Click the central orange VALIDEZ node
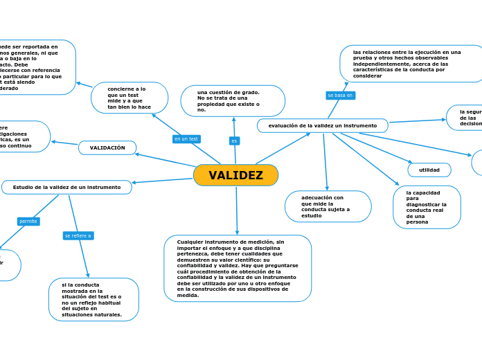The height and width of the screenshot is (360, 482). (235, 175)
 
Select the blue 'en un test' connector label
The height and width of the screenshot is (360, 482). (186, 139)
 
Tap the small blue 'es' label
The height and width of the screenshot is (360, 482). (234, 141)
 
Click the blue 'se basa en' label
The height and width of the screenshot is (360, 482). (340, 95)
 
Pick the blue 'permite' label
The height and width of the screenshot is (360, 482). (28, 222)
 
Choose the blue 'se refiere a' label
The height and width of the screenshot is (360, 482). (78, 235)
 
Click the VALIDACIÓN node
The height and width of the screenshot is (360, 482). (107, 147)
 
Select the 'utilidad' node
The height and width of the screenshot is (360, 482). (429, 170)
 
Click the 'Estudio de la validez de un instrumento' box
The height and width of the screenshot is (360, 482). (66, 187)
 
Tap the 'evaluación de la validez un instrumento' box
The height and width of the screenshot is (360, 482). (323, 125)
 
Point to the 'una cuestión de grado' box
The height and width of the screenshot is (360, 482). (233, 101)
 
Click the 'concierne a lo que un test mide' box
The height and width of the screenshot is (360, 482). (130, 98)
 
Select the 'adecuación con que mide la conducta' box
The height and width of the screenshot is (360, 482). (328, 206)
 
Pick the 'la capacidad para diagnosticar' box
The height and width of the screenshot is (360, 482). (427, 207)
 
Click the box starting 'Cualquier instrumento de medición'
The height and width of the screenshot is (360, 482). (238, 268)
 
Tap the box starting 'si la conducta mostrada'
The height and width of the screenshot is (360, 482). (93, 299)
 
